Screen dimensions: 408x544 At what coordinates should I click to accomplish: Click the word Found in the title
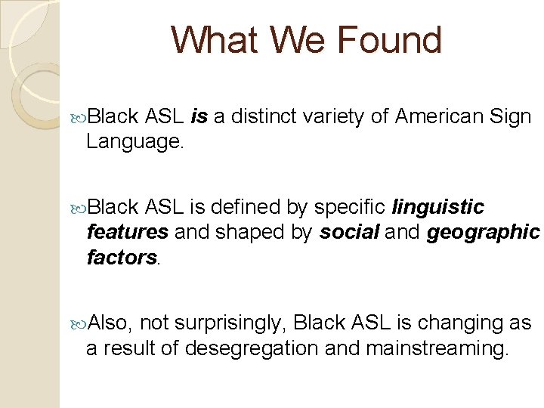coord(391,40)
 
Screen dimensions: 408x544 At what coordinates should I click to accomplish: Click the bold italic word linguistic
coord(438,207)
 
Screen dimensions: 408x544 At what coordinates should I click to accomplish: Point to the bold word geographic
coord(484,232)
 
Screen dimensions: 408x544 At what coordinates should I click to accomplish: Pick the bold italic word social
coord(350,232)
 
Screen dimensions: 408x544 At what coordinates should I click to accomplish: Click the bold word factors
coord(121,258)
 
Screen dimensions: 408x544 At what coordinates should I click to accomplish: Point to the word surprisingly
coord(230,323)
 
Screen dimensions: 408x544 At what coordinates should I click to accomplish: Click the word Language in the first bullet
coord(134,141)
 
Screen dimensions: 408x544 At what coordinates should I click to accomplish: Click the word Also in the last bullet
coord(110,323)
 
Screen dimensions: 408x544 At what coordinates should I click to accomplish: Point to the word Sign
coord(512,116)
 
